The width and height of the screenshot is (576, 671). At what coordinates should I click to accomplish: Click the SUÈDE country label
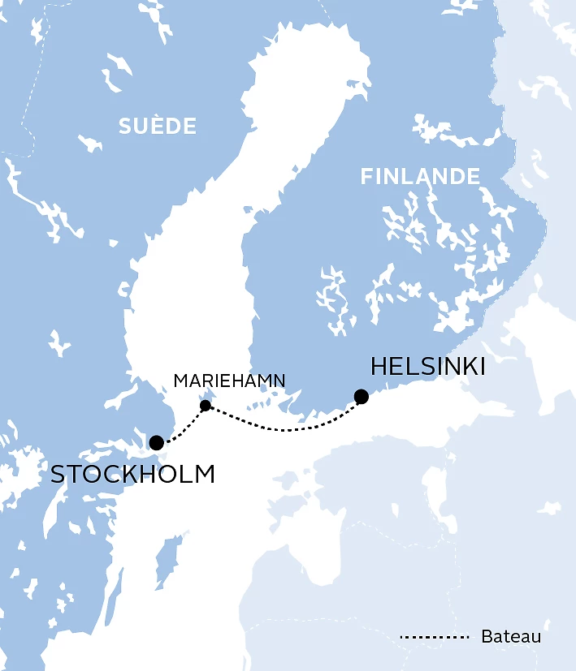click(x=158, y=127)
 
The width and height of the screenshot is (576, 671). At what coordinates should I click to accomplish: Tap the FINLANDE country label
click(x=420, y=177)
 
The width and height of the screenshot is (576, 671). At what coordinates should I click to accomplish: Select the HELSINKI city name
click(x=427, y=367)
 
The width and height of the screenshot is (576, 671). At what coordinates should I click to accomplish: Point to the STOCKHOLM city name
click(x=132, y=474)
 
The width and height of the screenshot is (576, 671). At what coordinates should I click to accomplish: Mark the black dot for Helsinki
click(x=362, y=397)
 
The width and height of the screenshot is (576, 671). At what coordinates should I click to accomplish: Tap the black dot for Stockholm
click(x=156, y=443)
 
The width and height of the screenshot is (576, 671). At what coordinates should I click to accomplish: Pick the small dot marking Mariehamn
click(x=206, y=406)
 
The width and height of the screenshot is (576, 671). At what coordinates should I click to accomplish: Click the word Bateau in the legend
click(x=510, y=637)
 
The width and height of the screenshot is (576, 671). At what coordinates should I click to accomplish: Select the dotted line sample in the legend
click(x=435, y=637)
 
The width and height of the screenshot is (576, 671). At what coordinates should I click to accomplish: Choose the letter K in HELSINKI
click(x=463, y=367)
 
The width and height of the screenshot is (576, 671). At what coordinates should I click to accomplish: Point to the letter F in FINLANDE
click(x=366, y=177)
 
